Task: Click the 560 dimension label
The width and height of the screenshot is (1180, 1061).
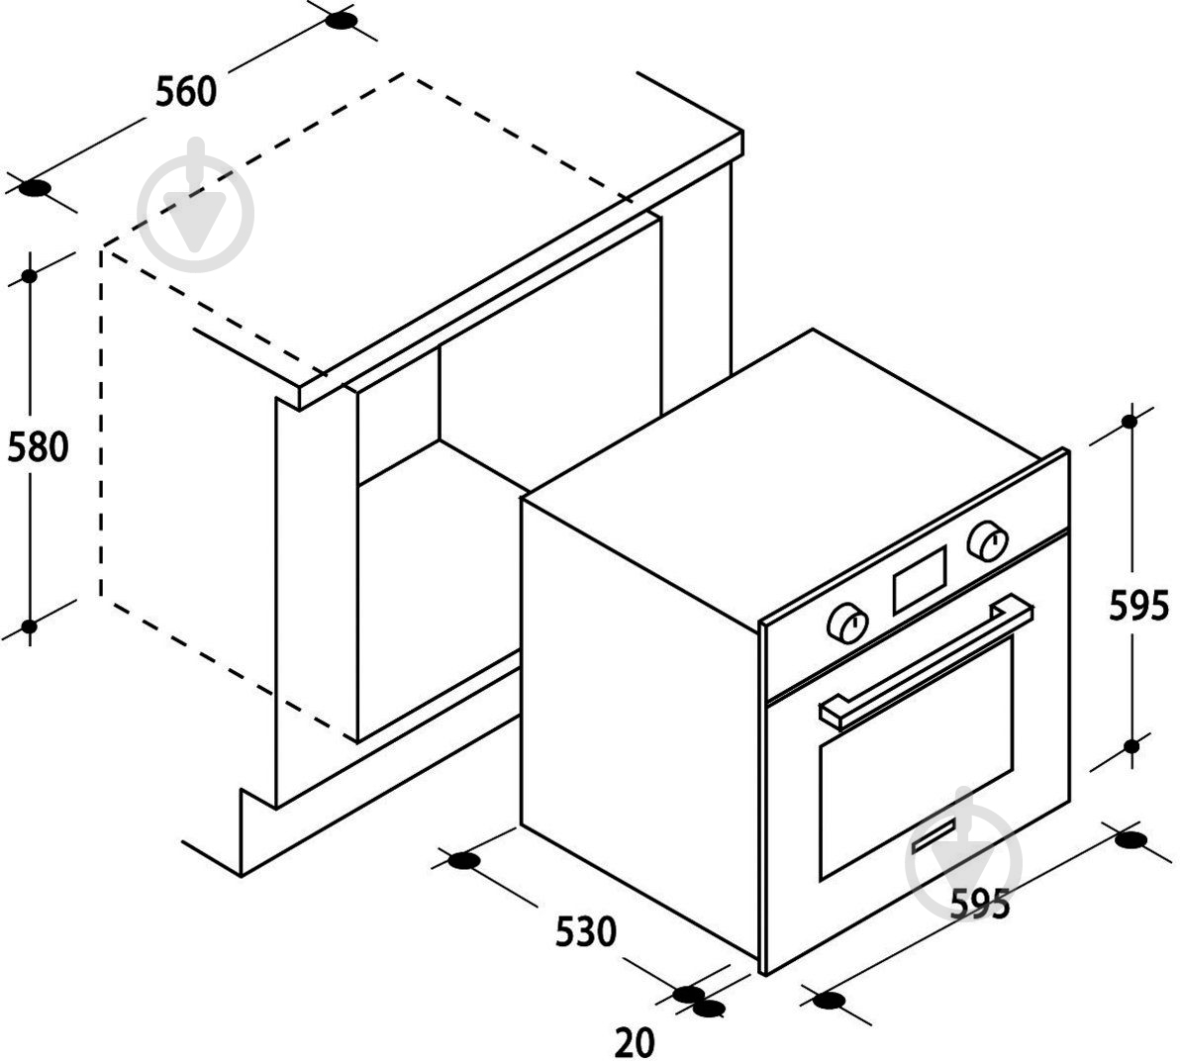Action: pyautogui.click(x=186, y=91)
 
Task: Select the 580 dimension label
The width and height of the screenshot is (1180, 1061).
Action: pyautogui.click(x=38, y=446)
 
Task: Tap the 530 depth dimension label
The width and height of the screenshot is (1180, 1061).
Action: pyautogui.click(x=585, y=930)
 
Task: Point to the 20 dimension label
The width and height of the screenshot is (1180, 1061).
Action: pyautogui.click(x=635, y=1042)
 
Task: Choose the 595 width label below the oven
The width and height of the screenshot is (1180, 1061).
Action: pyautogui.click(x=979, y=903)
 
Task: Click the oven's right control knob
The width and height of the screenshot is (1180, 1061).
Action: pyautogui.click(x=988, y=540)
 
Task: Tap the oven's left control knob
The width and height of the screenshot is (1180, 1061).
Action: pyautogui.click(x=847, y=624)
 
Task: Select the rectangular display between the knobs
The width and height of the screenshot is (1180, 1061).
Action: pyautogui.click(x=920, y=579)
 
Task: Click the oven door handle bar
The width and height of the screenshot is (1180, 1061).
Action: pyautogui.click(x=928, y=661)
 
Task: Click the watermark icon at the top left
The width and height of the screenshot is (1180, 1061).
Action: pyautogui.click(x=196, y=205)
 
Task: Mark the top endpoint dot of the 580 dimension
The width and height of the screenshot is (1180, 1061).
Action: pyautogui.click(x=30, y=276)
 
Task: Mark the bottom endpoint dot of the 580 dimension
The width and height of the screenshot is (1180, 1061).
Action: pyautogui.click(x=30, y=627)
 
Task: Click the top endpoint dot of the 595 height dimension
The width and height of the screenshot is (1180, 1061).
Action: pyautogui.click(x=1130, y=421)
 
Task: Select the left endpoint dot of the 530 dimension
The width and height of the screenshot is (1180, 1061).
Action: pyautogui.click(x=463, y=860)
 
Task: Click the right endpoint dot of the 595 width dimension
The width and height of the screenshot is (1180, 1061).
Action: pyautogui.click(x=1131, y=839)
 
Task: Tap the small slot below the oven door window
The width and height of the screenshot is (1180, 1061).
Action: pyautogui.click(x=934, y=836)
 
